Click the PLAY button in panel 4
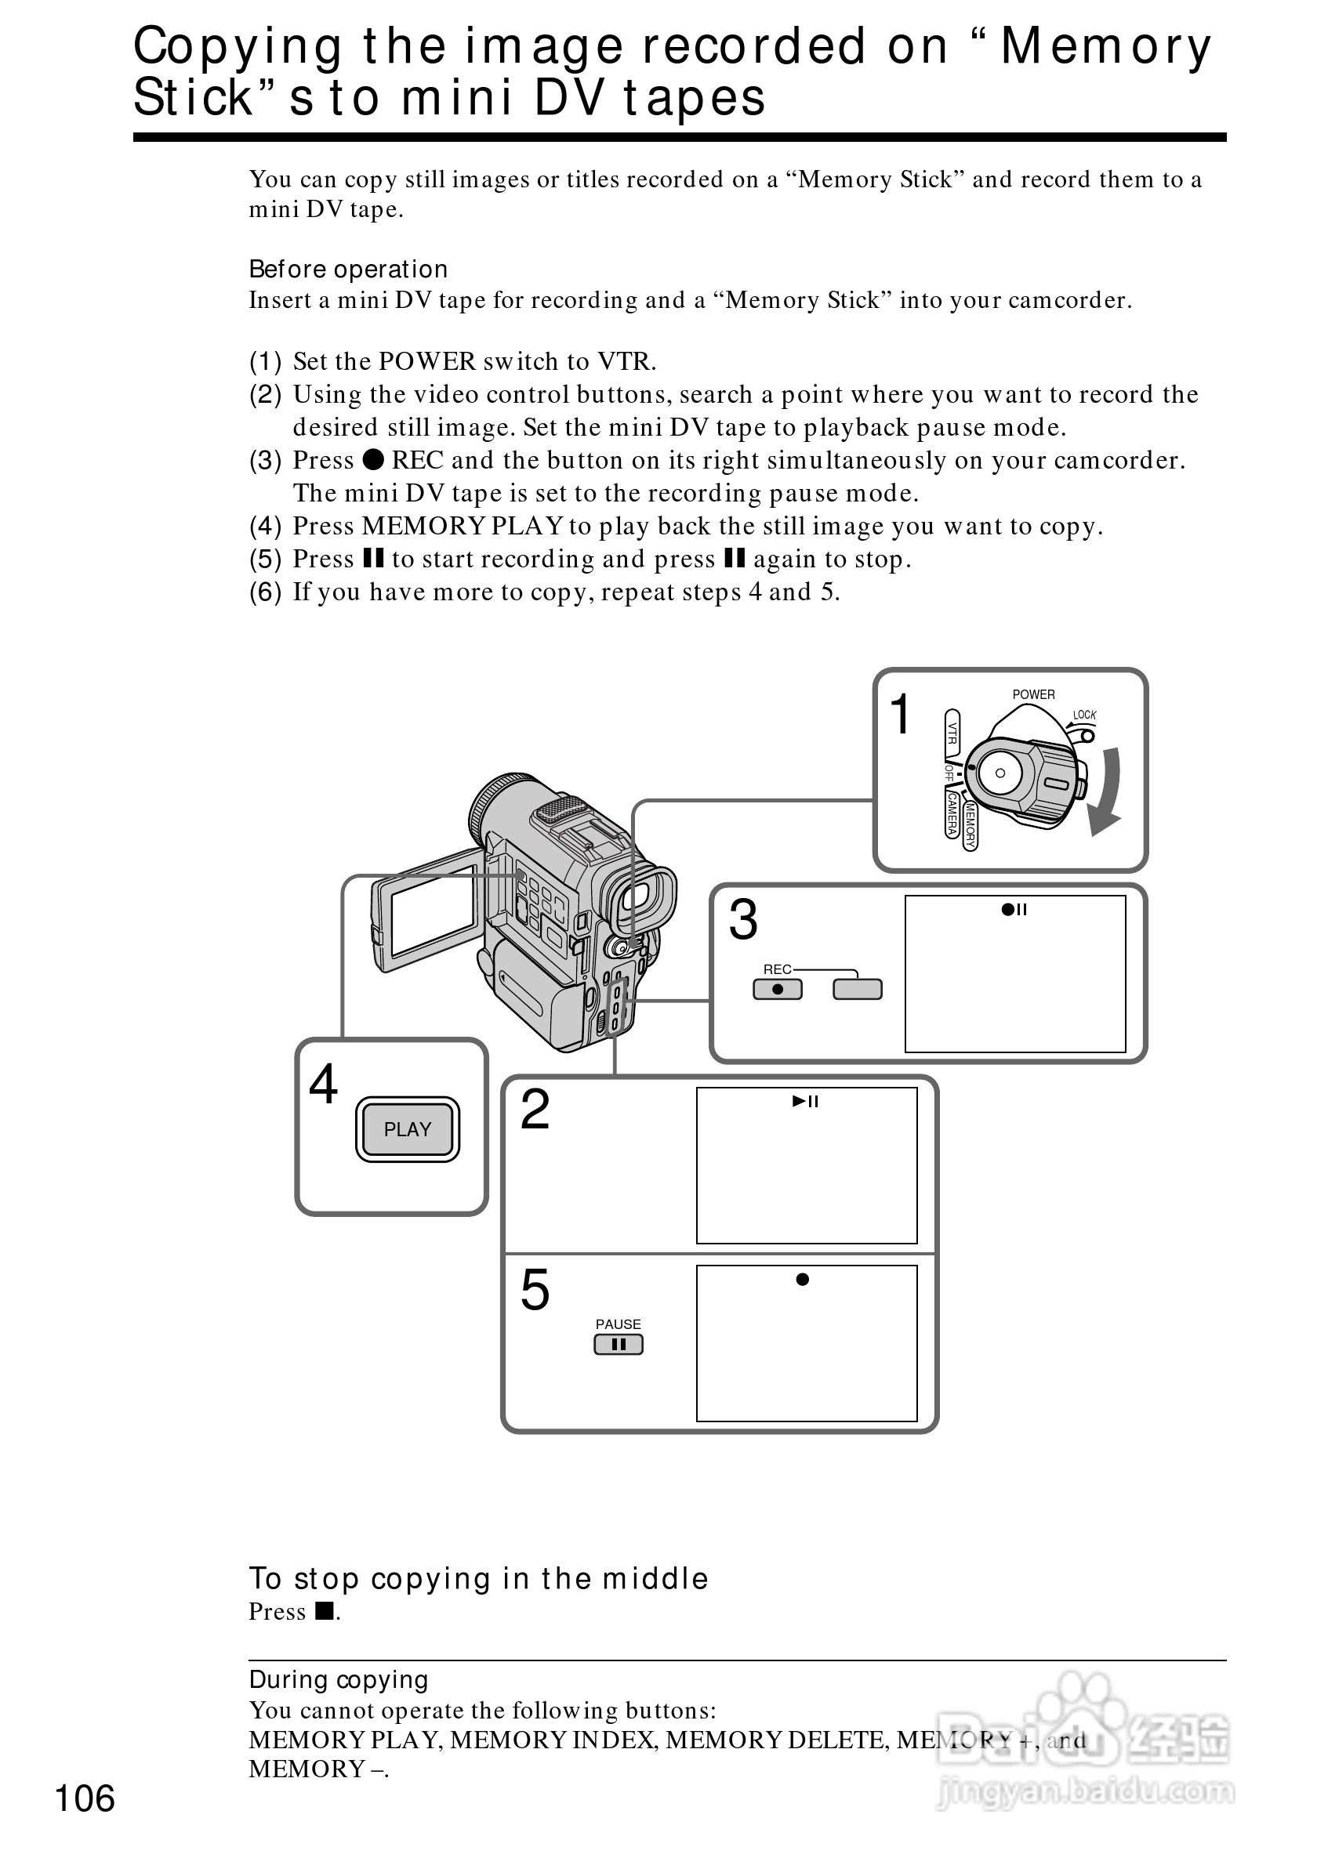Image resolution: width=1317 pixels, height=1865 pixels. [407, 1129]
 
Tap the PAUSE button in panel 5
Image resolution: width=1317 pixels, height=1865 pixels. [619, 1345]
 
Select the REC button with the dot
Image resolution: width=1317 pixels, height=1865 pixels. [778, 990]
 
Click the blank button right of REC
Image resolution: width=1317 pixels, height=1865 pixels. [857, 990]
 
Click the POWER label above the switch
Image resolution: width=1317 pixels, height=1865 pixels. [1033, 694]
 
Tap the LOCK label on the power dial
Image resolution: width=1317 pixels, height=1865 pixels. [1084, 715]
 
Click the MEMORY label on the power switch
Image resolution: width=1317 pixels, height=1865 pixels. [969, 824]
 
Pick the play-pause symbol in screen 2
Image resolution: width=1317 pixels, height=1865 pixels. [805, 1102]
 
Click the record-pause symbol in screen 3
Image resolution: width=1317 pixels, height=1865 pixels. [1014, 910]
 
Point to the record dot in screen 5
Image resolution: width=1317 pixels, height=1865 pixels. [803, 1280]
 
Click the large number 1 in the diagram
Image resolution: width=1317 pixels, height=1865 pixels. [900, 714]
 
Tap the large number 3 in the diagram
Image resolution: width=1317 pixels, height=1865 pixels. [742, 919]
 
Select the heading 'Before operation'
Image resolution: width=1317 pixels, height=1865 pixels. [348, 269]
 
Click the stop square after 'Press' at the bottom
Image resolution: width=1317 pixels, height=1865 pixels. [325, 1610]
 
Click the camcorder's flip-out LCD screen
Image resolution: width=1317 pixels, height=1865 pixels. [433, 911]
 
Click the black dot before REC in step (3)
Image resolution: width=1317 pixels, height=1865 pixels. [373, 460]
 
